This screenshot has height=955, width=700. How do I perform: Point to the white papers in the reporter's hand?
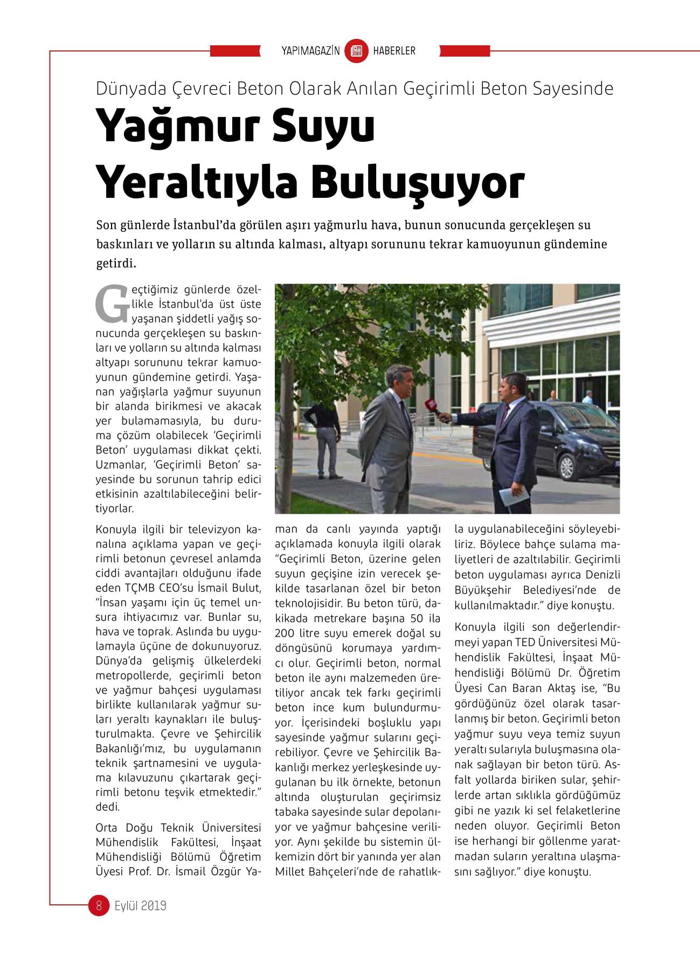[x=509, y=496]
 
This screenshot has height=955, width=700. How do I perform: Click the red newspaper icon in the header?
[x=356, y=51]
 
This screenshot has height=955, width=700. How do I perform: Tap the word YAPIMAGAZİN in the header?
[x=310, y=51]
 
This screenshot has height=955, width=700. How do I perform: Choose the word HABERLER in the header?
[x=394, y=51]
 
